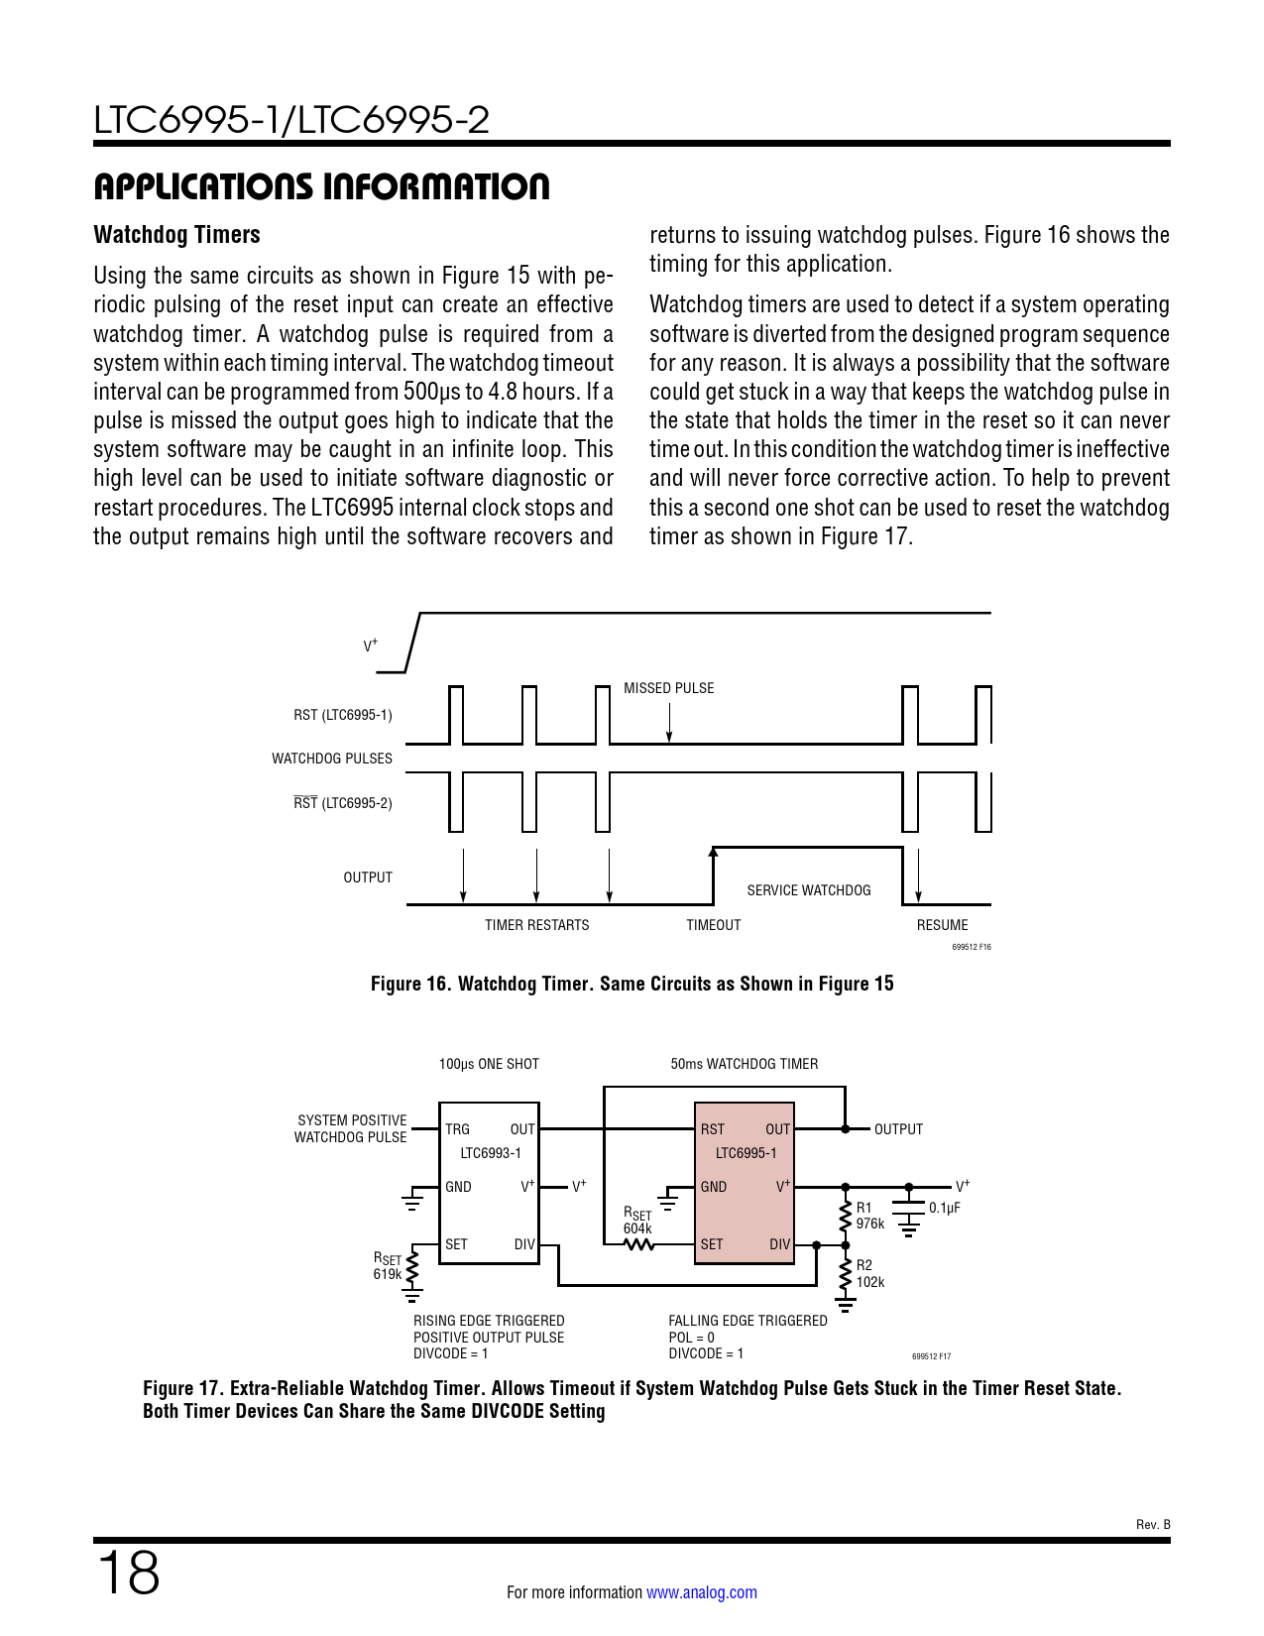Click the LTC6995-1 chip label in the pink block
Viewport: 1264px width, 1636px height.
(746, 1153)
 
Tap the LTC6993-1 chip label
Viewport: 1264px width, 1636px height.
(490, 1153)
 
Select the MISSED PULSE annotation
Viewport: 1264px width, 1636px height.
(668, 688)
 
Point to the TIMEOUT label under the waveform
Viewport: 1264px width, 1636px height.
(713, 925)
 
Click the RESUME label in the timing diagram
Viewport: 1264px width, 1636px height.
(942, 925)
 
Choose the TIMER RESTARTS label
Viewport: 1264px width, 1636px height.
(536, 925)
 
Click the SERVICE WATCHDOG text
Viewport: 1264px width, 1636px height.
(808, 890)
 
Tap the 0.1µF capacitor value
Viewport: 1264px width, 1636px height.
(944, 1208)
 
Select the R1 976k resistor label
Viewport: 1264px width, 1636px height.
(869, 1216)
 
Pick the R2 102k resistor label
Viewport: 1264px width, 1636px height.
(869, 1274)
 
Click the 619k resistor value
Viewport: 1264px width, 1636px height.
(387, 1274)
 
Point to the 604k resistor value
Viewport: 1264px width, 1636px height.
(637, 1228)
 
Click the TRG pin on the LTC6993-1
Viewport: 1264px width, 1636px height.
(457, 1129)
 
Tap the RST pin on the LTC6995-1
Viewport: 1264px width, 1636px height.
(712, 1129)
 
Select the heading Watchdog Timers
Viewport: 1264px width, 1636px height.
(176, 235)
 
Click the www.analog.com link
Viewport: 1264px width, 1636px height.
(701, 1592)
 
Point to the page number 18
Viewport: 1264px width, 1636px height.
(128, 1574)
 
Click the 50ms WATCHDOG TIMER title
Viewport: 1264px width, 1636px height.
(744, 1064)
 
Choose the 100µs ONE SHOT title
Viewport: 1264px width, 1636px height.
(489, 1064)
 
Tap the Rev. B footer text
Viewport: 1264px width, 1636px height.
(1152, 1525)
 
